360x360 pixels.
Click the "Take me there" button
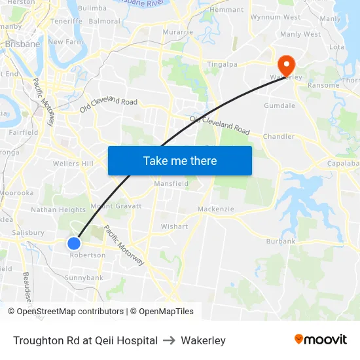[180, 160]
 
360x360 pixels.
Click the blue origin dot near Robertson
[74, 243]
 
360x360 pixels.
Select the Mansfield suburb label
[171, 184]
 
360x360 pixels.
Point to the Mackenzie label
[215, 209]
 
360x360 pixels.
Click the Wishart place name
[174, 226]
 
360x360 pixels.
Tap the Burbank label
[281, 242]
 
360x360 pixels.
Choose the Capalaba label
[343, 164]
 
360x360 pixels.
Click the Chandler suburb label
[279, 137]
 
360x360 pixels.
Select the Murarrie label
[178, 31]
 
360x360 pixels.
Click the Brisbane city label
[22, 45]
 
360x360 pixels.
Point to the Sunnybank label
[84, 278]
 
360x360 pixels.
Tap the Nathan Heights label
[58, 210]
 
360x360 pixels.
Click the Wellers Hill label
[73, 164]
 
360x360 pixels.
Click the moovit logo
[320, 340]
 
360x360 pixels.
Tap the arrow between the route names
[169, 340]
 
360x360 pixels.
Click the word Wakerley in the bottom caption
[203, 340]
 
